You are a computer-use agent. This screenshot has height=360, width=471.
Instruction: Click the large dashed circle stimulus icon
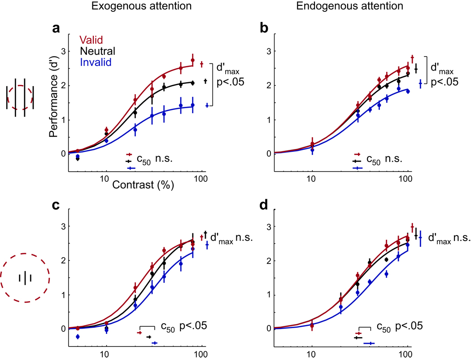25,279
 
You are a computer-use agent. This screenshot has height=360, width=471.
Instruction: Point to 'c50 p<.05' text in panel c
182,326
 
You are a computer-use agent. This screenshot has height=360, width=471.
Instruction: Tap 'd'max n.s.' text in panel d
449,236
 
